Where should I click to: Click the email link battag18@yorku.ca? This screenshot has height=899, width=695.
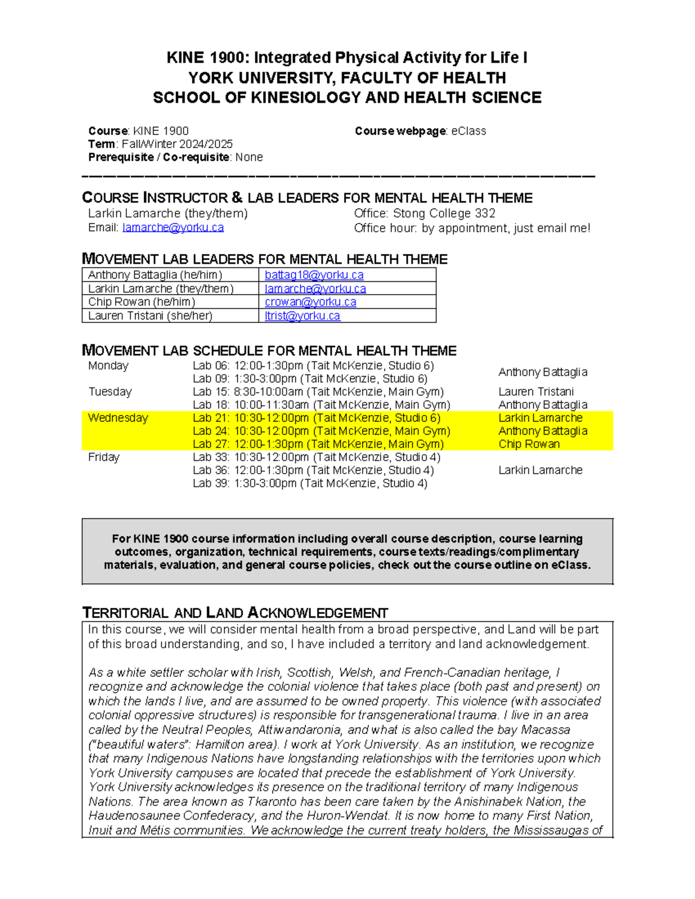click(314, 275)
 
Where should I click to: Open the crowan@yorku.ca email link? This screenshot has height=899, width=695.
click(310, 302)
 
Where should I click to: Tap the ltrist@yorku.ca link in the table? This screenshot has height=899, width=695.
click(302, 316)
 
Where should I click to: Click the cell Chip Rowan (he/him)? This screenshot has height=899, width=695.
click(141, 302)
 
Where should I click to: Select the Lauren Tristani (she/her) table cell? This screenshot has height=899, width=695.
click(150, 316)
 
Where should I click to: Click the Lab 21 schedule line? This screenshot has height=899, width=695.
click(316, 418)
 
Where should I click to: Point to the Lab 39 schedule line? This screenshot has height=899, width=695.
click(310, 483)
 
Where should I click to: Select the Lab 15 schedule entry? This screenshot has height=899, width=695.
click(318, 392)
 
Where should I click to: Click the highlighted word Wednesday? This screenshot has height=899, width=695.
click(118, 418)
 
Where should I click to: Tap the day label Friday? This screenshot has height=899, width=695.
click(104, 457)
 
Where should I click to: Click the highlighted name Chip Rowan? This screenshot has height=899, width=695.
click(529, 444)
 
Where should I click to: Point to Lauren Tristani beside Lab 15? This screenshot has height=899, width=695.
click(536, 392)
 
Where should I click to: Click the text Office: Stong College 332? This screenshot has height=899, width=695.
click(425, 214)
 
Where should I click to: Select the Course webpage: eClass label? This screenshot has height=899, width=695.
click(420, 131)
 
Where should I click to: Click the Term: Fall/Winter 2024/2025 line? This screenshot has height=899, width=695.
click(160, 144)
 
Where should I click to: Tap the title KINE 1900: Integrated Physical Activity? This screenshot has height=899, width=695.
click(346, 58)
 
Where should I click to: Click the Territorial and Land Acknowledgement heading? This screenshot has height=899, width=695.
click(235, 613)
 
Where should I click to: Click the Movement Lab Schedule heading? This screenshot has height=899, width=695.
click(269, 351)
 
